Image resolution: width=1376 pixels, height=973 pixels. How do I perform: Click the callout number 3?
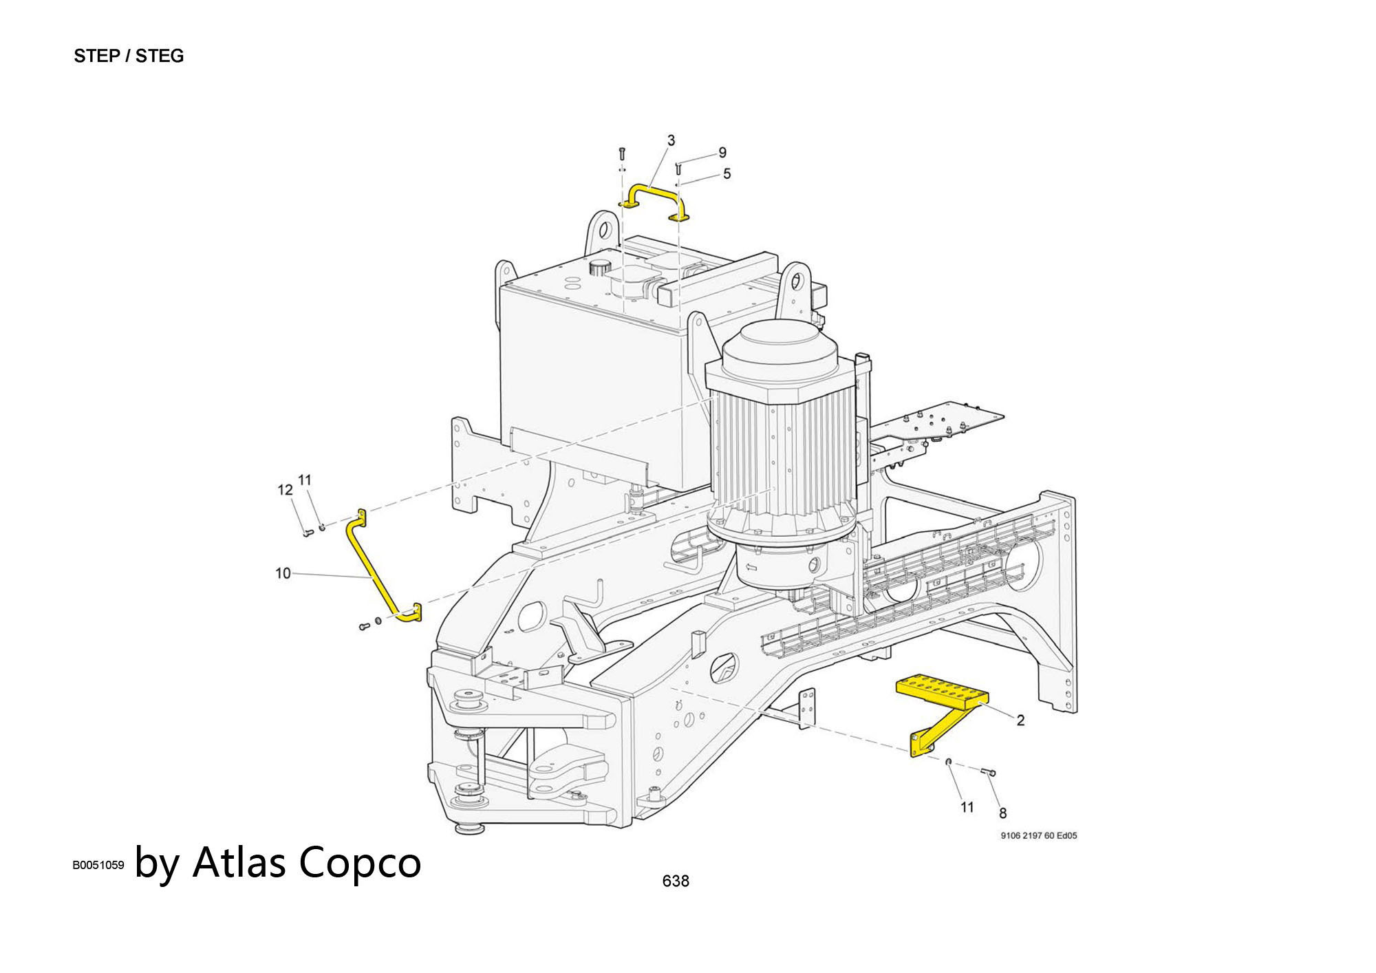671,140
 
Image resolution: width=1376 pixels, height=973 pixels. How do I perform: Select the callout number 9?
722,153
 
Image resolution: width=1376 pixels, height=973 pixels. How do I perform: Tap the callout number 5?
727,174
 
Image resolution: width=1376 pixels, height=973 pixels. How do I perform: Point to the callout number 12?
285,490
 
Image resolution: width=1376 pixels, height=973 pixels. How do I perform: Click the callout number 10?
283,573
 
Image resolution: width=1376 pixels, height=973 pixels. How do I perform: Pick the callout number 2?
1020,720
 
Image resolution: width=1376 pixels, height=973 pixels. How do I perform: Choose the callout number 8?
1002,813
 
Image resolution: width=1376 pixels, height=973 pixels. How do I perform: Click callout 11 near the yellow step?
967,807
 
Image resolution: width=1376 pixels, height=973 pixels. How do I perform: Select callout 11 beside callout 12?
305,480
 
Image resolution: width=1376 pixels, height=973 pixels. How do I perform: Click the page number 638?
676,881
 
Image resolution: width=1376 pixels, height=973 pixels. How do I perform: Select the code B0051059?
98,865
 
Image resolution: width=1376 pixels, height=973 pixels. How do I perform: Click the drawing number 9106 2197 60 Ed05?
1039,836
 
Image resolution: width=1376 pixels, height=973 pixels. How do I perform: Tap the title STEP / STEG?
129,56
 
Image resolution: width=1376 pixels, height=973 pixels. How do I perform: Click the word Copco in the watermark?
360,862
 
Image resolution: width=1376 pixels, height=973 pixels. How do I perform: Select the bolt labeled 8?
989,773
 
